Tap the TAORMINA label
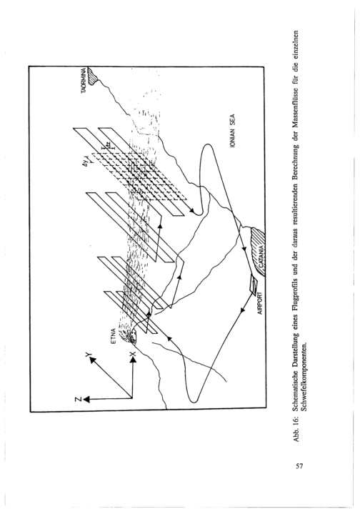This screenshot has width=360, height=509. tap(84, 81)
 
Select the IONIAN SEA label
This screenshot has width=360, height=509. tap(232, 131)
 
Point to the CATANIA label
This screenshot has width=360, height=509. tap(261, 259)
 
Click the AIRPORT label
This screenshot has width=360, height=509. tap(260, 304)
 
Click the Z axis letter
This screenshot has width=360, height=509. tap(78, 399)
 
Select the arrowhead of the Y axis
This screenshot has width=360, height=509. tap(92, 360)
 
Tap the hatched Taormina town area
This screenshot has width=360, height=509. tap(93, 75)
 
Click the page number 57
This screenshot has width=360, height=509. tap(299, 467)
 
